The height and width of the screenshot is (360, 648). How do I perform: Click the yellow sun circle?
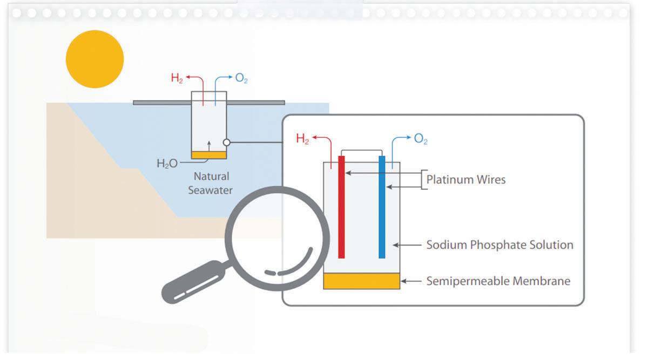(x=94, y=59)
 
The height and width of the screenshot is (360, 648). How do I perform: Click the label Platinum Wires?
(x=466, y=180)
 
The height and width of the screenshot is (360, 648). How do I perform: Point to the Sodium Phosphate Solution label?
(x=500, y=245)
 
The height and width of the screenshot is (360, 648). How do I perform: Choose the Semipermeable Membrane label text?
(x=498, y=281)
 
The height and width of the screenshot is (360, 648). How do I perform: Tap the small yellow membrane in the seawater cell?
(x=209, y=155)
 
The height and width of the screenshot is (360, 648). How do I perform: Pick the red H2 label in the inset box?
(x=302, y=139)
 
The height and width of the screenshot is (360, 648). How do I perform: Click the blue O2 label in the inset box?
(x=421, y=139)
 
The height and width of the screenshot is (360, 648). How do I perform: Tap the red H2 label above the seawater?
(x=177, y=78)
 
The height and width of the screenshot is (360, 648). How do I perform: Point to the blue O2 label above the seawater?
(x=241, y=78)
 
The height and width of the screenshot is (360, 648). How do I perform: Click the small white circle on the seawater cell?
(x=227, y=142)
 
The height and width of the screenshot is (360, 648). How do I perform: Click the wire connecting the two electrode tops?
(x=361, y=151)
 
